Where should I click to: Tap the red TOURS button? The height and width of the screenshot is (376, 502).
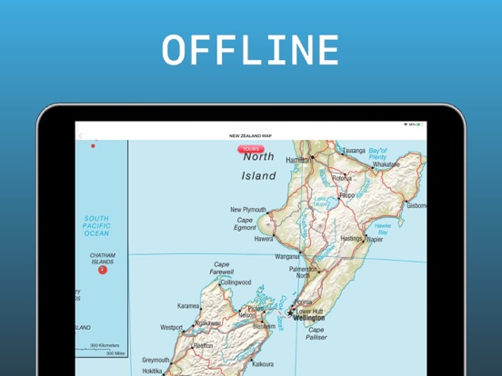click(x=251, y=148)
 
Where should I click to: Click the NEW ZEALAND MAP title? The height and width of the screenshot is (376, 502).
click(x=250, y=136)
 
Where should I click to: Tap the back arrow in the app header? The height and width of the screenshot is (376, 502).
click(x=80, y=136)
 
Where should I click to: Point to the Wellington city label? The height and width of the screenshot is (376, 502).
click(x=308, y=319)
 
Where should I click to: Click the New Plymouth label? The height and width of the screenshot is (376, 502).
click(x=247, y=209)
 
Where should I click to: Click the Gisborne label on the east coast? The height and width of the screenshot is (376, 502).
click(x=416, y=205)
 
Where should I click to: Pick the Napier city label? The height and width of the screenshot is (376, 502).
click(x=375, y=239)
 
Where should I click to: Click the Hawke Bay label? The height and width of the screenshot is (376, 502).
click(x=384, y=228)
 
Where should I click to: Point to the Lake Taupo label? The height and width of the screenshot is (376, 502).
click(x=320, y=202)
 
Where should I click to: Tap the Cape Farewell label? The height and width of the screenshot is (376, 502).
click(x=221, y=269)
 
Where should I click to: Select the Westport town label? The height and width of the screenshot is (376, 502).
click(x=172, y=327)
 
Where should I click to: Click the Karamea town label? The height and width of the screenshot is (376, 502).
click(x=188, y=306)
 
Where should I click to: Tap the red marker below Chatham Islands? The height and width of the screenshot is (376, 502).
click(x=102, y=269)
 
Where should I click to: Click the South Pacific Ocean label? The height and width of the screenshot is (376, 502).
click(x=95, y=226)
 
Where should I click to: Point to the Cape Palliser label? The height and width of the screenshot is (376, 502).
click(x=316, y=333)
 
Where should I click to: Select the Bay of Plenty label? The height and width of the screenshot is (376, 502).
click(x=378, y=154)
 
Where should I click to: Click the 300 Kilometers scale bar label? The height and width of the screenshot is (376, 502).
click(x=107, y=346)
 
